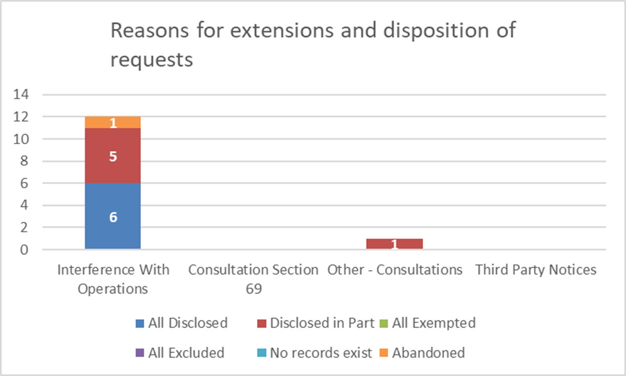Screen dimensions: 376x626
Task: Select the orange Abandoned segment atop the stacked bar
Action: click(x=112, y=122)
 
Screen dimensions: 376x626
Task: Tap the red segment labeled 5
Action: click(x=112, y=156)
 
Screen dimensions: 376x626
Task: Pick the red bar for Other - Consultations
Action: click(x=394, y=244)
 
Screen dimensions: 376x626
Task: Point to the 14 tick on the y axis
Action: click(x=23, y=95)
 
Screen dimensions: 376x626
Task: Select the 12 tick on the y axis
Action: click(x=23, y=117)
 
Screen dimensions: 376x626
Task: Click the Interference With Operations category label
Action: click(x=113, y=279)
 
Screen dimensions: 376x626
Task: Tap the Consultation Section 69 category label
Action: click(x=253, y=279)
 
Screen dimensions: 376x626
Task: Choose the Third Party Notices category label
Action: click(x=536, y=270)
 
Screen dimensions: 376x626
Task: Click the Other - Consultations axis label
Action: click(x=394, y=270)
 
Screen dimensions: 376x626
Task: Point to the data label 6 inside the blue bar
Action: click(x=113, y=218)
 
